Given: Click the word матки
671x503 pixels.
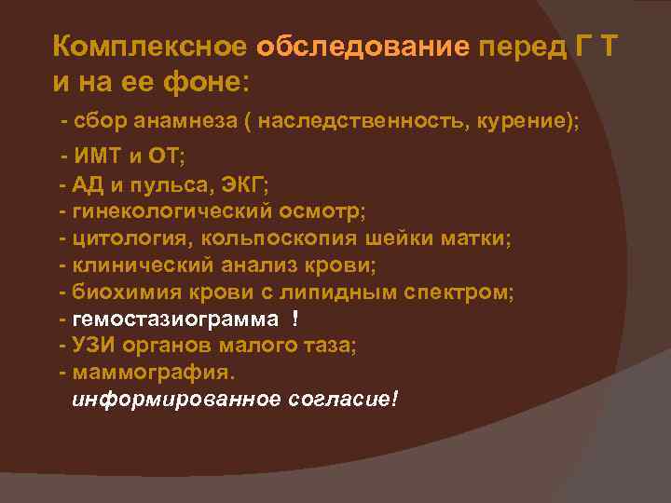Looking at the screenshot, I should [473, 238].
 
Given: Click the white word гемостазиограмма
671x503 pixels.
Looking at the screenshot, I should [174, 319].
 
